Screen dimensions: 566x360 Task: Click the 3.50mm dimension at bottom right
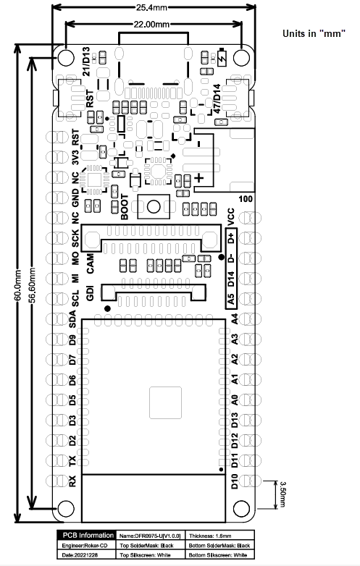click(x=282, y=492)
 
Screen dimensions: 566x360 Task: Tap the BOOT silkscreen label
click(x=125, y=207)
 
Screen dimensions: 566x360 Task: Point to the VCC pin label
click(x=232, y=216)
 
